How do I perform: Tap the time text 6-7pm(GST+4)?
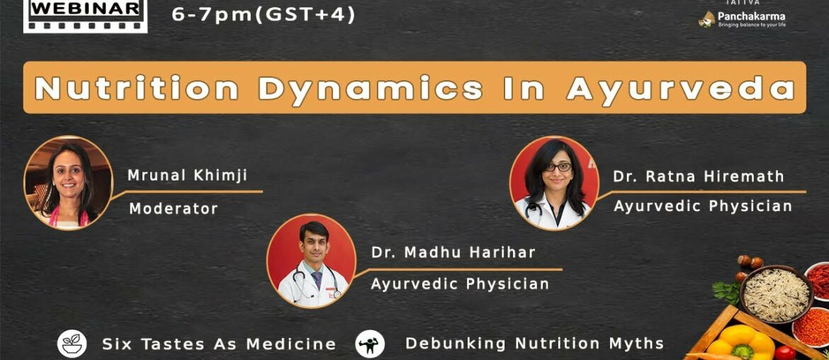(x=264, y=14)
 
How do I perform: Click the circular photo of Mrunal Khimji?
(x=69, y=183)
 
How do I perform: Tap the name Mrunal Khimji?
(x=188, y=176)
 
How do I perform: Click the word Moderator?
(x=173, y=208)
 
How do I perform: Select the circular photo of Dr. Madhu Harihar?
(x=311, y=260)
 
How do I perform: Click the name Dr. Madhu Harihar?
(x=453, y=252)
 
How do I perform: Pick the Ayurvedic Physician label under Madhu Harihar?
(x=460, y=284)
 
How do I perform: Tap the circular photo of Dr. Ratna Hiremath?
(x=554, y=182)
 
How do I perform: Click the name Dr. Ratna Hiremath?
(x=699, y=176)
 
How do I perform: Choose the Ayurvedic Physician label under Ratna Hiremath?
(x=703, y=206)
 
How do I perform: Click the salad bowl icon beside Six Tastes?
(x=72, y=344)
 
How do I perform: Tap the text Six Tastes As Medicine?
(x=219, y=344)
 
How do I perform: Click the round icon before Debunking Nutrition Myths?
(x=370, y=344)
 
